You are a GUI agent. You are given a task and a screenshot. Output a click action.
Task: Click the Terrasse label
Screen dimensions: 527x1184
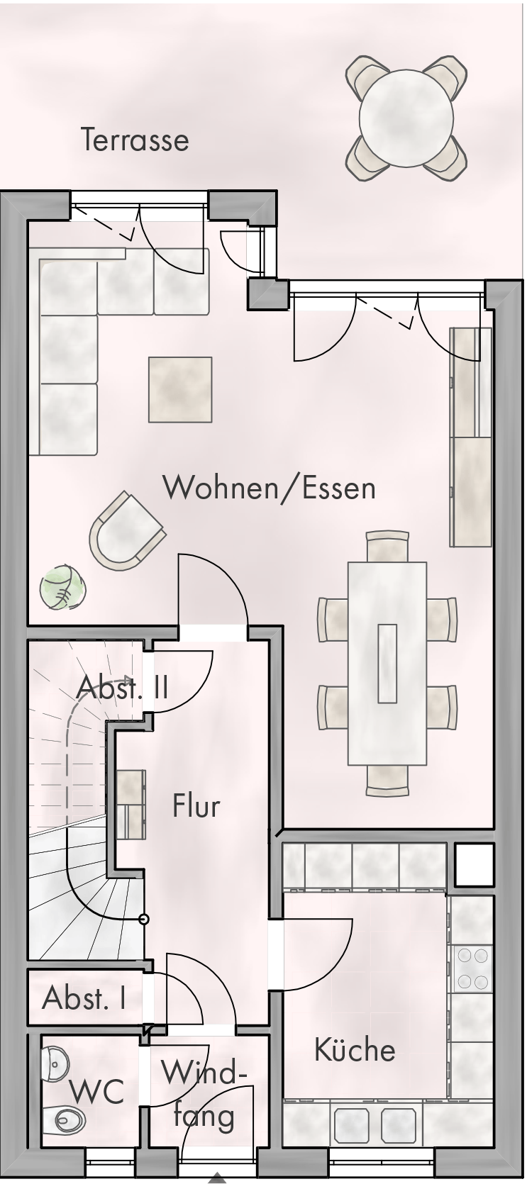click(135, 140)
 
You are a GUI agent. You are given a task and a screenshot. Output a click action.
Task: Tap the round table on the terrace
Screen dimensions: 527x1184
click(406, 118)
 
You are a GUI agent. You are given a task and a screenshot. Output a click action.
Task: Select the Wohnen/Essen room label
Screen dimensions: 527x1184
click(269, 487)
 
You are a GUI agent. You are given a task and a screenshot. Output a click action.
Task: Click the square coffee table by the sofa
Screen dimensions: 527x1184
click(180, 389)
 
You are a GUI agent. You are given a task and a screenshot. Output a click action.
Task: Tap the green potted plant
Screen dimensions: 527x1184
click(62, 587)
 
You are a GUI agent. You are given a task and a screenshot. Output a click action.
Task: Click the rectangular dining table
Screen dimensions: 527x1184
click(387, 664)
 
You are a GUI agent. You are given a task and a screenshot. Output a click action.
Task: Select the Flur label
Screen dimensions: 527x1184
click(196, 806)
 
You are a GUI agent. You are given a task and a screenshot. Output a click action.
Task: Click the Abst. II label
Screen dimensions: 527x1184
click(122, 688)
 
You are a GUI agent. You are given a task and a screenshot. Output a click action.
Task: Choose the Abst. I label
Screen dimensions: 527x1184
click(84, 998)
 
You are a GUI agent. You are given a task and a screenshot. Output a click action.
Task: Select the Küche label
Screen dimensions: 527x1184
click(355, 1049)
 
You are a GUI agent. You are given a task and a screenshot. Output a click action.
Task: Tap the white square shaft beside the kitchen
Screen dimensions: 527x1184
click(474, 865)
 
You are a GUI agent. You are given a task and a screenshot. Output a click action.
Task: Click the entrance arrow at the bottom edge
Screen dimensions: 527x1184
click(217, 1180)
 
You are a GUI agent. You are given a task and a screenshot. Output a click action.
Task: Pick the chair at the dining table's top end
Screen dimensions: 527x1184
click(387, 547)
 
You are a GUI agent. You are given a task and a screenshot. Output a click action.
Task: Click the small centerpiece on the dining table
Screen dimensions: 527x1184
click(387, 664)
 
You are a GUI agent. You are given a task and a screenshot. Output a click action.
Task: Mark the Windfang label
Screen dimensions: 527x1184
click(204, 1094)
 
